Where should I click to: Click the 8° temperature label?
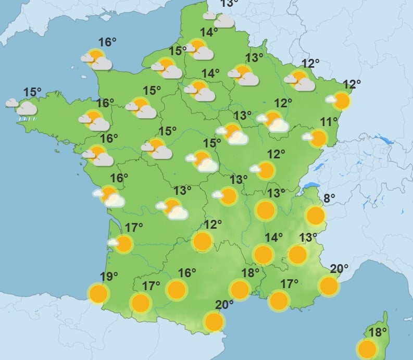pyautogui.click(x=330, y=198)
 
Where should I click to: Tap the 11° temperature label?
pyautogui.click(x=328, y=123)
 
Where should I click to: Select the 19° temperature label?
pyautogui.click(x=109, y=277)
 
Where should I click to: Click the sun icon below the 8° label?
pyautogui.click(x=315, y=215)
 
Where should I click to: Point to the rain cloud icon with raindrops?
pyautogui.click(x=27, y=109)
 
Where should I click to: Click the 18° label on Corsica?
pyautogui.click(x=378, y=331)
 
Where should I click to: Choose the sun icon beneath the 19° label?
pyautogui.click(x=98, y=294)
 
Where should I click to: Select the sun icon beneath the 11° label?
pyautogui.click(x=319, y=138)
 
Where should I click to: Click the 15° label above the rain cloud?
pyautogui.click(x=32, y=93)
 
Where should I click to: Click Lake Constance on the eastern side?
pyautogui.click(x=386, y=140)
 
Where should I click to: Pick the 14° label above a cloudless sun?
pyautogui.click(x=274, y=238)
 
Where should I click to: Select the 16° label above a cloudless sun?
pyautogui.click(x=187, y=273)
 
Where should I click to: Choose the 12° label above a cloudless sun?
pyautogui.click(x=213, y=225)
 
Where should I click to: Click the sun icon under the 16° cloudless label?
pyautogui.click(x=177, y=289)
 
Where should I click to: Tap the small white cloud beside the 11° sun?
pyautogui.click(x=308, y=137)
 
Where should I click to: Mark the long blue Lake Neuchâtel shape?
pyautogui.click(x=315, y=166)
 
